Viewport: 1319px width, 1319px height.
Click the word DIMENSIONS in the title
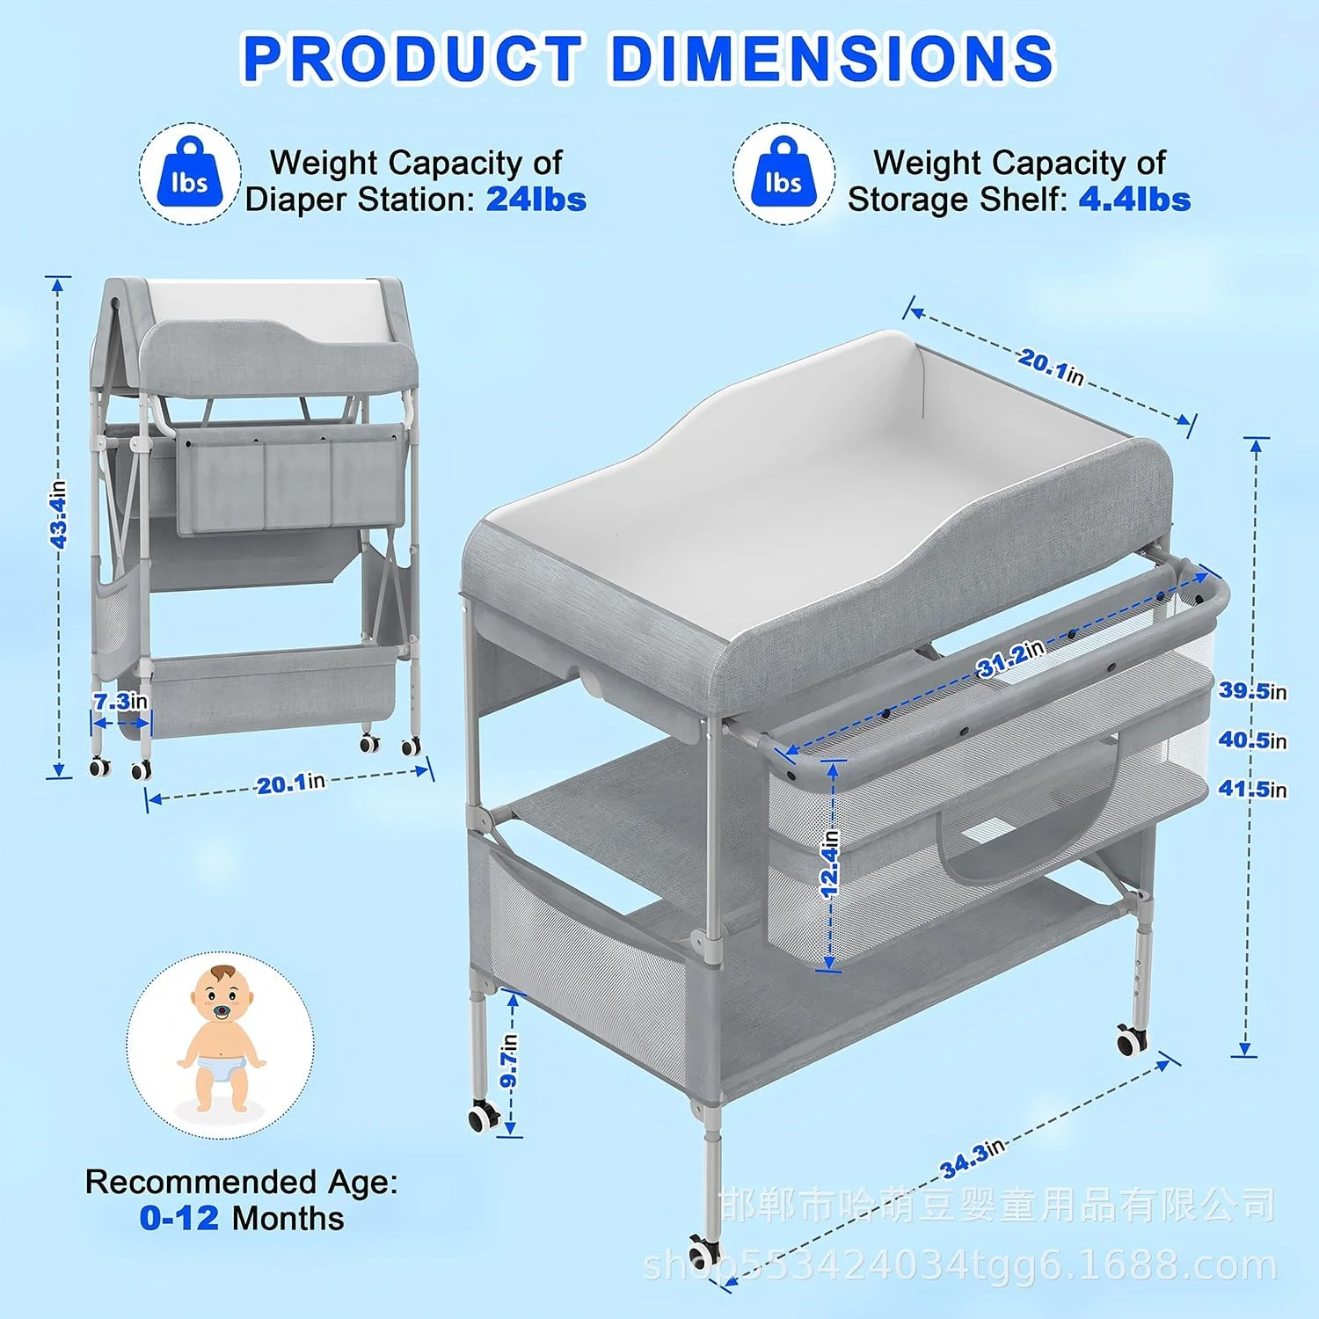click(x=831, y=58)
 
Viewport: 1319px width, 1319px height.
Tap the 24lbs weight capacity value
click(x=536, y=200)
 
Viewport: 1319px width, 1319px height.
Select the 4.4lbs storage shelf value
click(x=1134, y=200)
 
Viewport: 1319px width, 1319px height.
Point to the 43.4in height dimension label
click(x=58, y=514)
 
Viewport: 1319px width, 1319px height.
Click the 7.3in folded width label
click(x=120, y=702)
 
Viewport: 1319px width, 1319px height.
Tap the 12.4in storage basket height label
click(x=830, y=864)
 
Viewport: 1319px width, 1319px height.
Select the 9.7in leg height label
click(x=509, y=1060)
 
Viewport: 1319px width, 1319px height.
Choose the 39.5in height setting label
click(x=1252, y=691)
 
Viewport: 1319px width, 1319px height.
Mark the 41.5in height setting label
click(x=1252, y=789)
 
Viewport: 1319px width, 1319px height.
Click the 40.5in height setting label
click(x=1252, y=740)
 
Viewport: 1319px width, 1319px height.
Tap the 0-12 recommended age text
click(x=179, y=1218)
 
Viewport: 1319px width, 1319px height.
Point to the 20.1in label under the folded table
click(x=291, y=783)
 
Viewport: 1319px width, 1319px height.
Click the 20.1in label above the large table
click(x=1051, y=367)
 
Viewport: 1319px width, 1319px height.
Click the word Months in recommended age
click(x=288, y=1218)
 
